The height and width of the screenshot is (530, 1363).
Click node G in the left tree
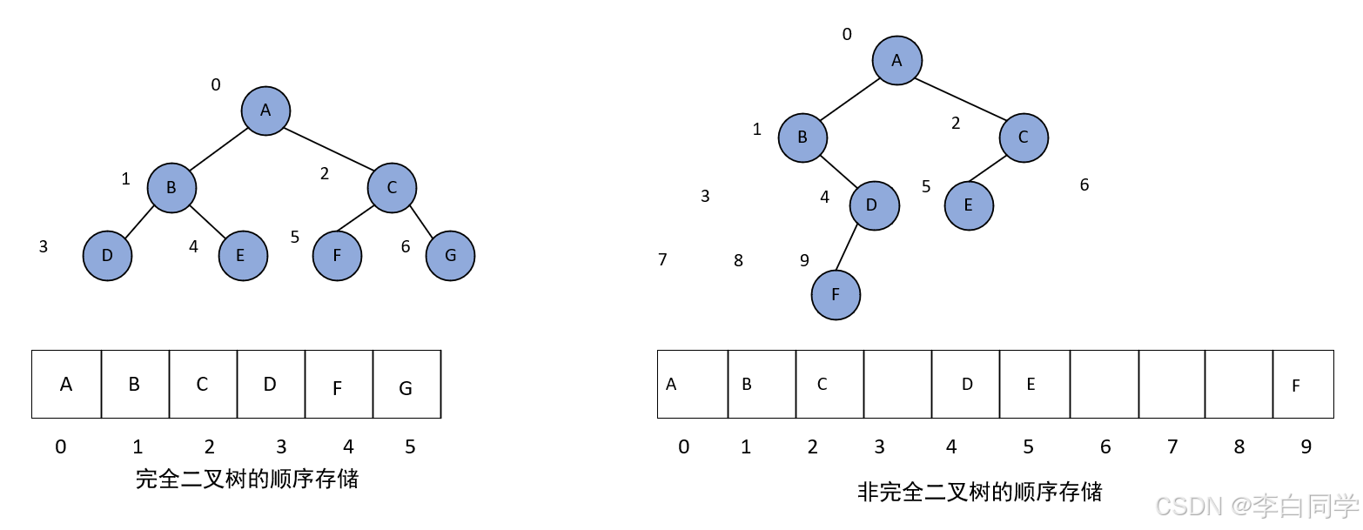tap(450, 256)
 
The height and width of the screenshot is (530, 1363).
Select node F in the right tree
tap(836, 295)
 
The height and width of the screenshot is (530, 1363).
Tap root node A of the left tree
tap(265, 111)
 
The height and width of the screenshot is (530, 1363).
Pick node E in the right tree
tap(969, 205)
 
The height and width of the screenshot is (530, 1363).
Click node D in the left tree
tap(107, 256)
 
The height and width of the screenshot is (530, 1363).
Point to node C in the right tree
tap(1024, 138)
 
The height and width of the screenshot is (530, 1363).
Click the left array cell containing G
tap(406, 385)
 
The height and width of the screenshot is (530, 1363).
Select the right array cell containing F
tap(1303, 385)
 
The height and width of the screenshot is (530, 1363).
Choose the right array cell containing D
tap(965, 385)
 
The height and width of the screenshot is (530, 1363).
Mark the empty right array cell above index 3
tap(897, 385)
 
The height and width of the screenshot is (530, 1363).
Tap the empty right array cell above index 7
tap(1172, 385)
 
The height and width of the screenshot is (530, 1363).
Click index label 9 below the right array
tap(1306, 447)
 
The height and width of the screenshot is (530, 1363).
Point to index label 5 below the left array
tap(410, 447)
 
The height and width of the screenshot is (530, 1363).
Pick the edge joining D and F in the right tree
tap(845, 251)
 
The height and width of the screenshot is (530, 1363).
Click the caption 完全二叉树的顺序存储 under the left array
tap(247, 479)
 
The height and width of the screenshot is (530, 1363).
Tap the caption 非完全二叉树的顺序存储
tap(979, 493)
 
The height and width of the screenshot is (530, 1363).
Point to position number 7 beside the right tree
tap(662, 260)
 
